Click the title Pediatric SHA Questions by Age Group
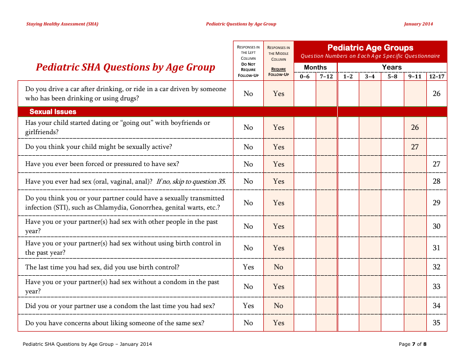tap(125, 67)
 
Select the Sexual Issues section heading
tap(53, 112)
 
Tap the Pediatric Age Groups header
tap(370, 48)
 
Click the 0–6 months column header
tap(304, 76)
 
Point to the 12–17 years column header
tap(437, 76)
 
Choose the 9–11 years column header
tap(415, 76)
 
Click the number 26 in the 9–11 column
tap(415, 127)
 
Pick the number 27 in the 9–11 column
tap(415, 147)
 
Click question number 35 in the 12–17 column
tap(437, 323)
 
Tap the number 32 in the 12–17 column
tap(437, 267)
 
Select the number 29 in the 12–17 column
tap(437, 203)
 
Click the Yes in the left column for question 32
tap(248, 267)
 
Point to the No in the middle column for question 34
tap(279, 306)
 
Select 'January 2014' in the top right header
tap(418, 24)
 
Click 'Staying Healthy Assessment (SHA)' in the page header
tap(62, 24)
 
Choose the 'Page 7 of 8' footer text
tap(413, 344)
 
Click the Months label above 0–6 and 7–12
tap(315, 67)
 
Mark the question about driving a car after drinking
tap(125, 94)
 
